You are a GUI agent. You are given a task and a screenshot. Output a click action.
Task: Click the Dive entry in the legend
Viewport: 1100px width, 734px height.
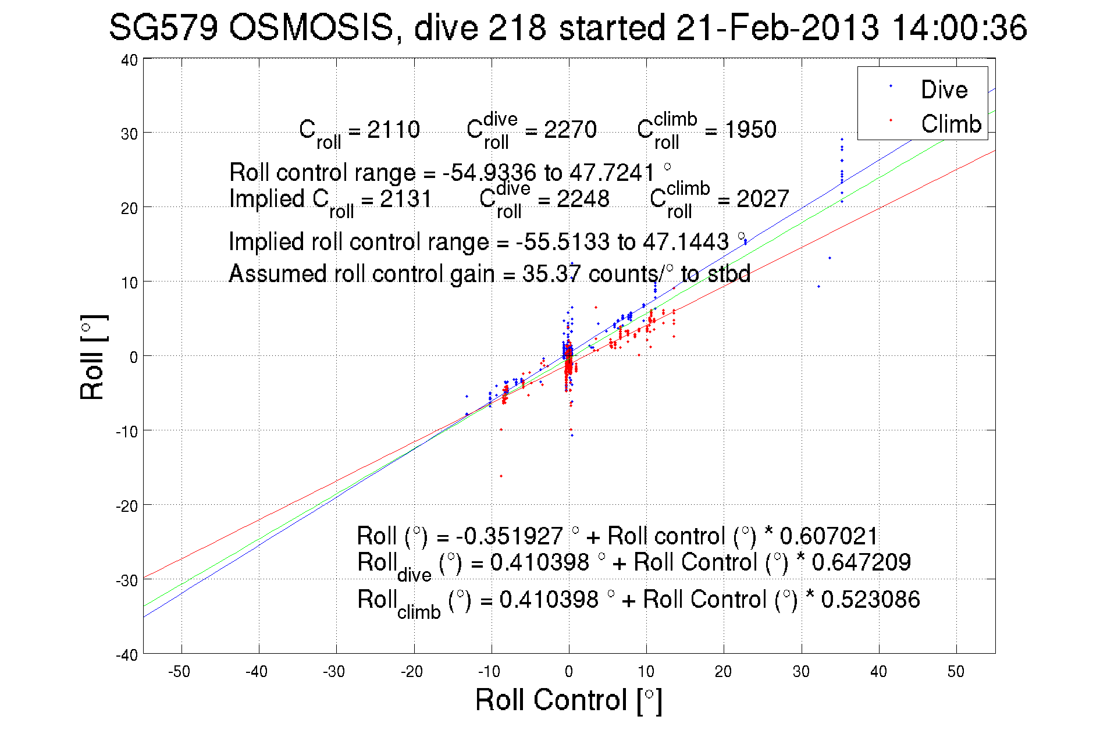click(944, 90)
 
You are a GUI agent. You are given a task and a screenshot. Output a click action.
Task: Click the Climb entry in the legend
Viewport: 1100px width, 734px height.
click(951, 124)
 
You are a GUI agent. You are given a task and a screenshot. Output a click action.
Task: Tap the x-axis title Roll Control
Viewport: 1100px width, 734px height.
click(568, 700)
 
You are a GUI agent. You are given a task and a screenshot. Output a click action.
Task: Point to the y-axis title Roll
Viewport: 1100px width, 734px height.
click(93, 357)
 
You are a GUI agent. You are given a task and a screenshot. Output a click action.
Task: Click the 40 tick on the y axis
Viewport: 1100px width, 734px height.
click(129, 60)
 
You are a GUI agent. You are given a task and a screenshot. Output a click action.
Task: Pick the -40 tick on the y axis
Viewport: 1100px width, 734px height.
click(127, 655)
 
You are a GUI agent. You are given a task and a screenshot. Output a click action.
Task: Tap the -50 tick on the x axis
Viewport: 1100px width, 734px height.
click(179, 672)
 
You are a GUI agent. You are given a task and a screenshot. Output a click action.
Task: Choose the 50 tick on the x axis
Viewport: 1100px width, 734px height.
click(956, 672)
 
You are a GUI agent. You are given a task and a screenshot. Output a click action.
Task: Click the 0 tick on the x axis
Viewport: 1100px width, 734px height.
click(568, 672)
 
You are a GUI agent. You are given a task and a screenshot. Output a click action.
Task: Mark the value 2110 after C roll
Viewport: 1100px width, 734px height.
click(393, 130)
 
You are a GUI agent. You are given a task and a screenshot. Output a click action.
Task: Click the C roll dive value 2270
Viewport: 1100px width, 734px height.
click(570, 130)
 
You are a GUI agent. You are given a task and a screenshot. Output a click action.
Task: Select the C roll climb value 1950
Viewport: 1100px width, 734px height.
click(750, 130)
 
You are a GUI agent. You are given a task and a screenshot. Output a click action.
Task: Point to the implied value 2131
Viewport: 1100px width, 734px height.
click(405, 199)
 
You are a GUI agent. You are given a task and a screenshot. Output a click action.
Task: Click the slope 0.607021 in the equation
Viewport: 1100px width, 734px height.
click(828, 536)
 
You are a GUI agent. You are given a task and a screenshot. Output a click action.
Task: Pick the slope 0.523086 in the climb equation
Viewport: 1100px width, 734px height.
click(870, 600)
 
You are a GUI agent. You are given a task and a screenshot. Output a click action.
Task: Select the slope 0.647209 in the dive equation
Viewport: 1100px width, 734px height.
click(861, 562)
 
